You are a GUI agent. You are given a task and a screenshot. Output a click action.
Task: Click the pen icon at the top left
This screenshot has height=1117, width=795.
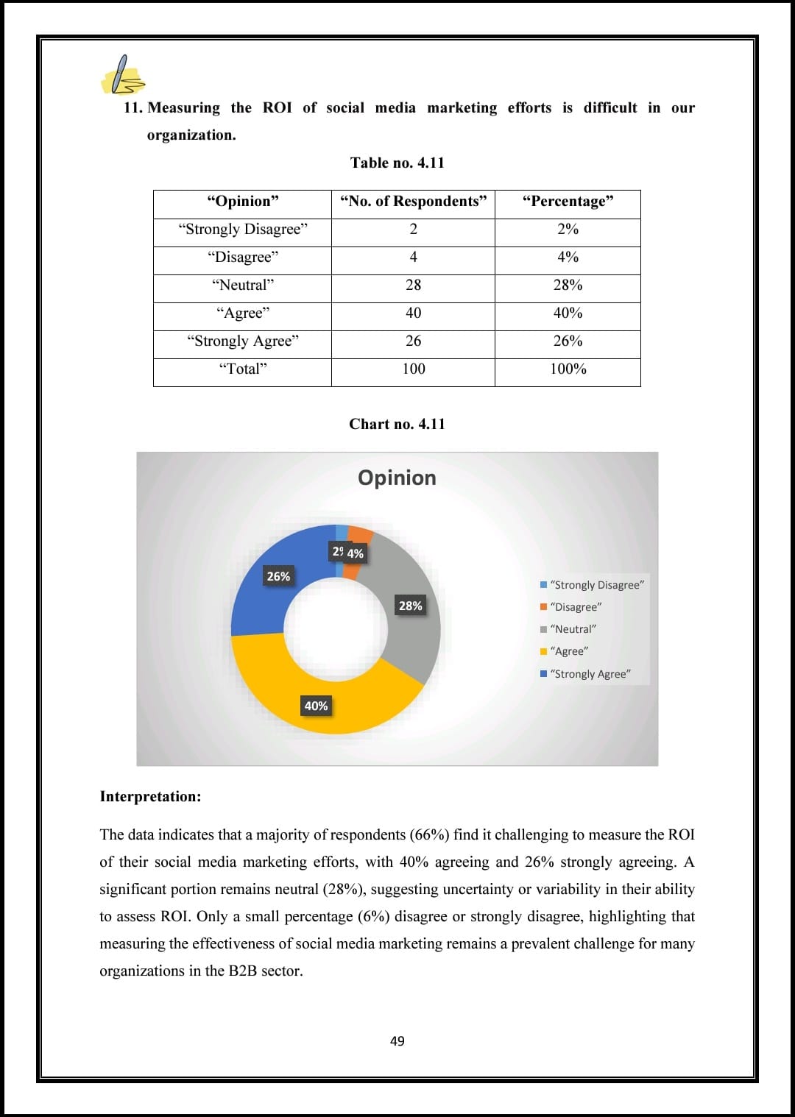coord(123,75)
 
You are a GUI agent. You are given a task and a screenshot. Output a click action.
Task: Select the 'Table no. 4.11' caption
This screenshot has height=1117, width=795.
coord(397,163)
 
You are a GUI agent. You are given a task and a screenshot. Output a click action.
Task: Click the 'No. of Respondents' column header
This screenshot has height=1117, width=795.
coord(413,202)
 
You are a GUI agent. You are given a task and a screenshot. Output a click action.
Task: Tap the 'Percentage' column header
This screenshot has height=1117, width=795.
coord(568,202)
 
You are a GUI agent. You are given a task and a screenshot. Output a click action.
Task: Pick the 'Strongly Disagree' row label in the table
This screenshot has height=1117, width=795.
coord(243,230)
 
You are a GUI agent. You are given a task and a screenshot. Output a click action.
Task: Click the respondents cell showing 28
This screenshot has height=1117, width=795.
coord(413,286)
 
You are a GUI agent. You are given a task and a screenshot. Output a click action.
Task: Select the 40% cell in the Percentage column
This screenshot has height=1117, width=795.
coord(568,313)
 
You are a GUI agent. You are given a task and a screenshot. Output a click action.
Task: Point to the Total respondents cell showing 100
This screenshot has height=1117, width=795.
coord(413,369)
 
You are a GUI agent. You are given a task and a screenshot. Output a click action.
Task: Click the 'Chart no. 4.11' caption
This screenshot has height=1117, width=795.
coord(397,424)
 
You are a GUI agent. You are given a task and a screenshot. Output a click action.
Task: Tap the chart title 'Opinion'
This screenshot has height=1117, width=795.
coord(397,478)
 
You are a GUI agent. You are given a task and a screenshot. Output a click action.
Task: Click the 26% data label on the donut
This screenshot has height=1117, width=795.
coord(278,576)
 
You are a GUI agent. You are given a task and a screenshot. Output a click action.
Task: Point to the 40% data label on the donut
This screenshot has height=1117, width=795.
coord(316,706)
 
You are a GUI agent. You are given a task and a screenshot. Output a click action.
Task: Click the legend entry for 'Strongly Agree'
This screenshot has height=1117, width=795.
coord(590,674)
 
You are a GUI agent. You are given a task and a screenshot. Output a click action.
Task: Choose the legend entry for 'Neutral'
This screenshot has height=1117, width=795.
coord(573,629)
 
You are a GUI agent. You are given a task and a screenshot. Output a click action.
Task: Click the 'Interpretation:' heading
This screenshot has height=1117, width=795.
coord(150,796)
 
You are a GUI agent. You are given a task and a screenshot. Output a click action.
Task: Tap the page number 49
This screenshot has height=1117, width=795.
coord(397,1040)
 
